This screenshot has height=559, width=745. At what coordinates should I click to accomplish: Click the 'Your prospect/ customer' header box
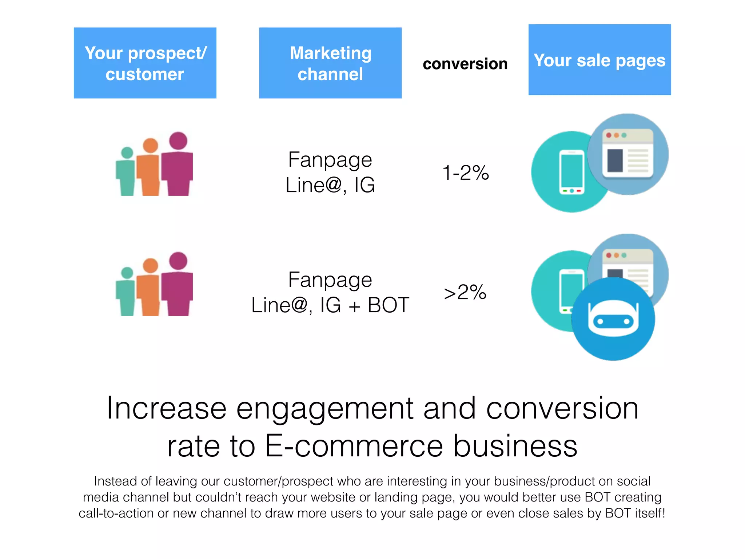pyautogui.click(x=145, y=63)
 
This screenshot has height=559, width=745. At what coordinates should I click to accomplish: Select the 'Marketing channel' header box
pyautogui.click(x=330, y=63)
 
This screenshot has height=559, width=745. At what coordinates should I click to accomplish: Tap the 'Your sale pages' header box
pyautogui.click(x=599, y=60)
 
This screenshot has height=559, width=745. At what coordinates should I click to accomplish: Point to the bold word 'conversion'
pyautogui.click(x=465, y=64)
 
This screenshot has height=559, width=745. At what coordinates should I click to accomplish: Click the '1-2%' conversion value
pyautogui.click(x=465, y=173)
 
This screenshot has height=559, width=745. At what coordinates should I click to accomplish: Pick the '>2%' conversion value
pyautogui.click(x=465, y=292)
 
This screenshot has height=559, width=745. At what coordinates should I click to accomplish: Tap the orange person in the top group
pyautogui.click(x=150, y=169)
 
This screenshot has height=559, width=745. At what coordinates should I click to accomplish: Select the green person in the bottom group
pyautogui.click(x=126, y=293)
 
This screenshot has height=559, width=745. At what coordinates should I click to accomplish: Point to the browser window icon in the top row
pyautogui.click(x=628, y=153)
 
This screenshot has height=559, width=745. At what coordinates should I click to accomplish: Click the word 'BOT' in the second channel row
pyautogui.click(x=388, y=305)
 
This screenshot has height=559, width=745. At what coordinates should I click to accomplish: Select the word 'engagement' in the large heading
pyautogui.click(x=325, y=408)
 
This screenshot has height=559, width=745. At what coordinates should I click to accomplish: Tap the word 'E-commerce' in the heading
pyautogui.click(x=354, y=446)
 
